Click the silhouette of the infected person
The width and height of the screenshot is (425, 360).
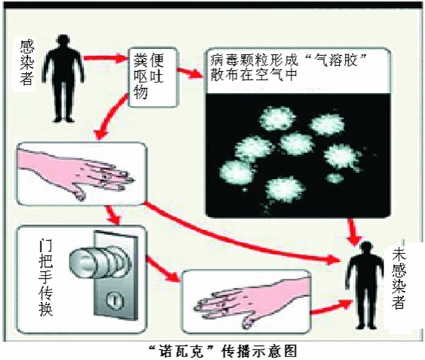[64, 79]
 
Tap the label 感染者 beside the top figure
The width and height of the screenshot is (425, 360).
[26, 62]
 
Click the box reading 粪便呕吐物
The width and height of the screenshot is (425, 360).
[152, 77]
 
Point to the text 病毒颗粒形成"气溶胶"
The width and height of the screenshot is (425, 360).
[288, 60]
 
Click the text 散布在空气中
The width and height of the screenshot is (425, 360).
[254, 75]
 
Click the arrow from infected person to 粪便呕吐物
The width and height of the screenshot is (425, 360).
[105, 58]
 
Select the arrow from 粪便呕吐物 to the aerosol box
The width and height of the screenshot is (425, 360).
[190, 72]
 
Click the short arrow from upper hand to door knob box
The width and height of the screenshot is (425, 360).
[112, 215]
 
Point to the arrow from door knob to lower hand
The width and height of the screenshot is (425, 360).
[163, 268]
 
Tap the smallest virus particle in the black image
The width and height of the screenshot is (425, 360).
[334, 178]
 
